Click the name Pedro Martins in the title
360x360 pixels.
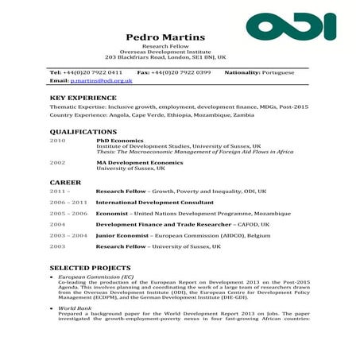pos(165,37)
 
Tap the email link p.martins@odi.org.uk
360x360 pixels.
pos(101,81)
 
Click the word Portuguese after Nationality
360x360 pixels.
pos(277,72)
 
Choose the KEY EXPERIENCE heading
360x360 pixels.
pos(83,98)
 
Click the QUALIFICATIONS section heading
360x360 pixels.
pos(83,131)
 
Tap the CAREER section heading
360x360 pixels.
pos(65,182)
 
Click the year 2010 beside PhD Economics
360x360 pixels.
pos(57,141)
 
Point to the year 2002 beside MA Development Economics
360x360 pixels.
pos(57,162)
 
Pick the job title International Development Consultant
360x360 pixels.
pos(154,203)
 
